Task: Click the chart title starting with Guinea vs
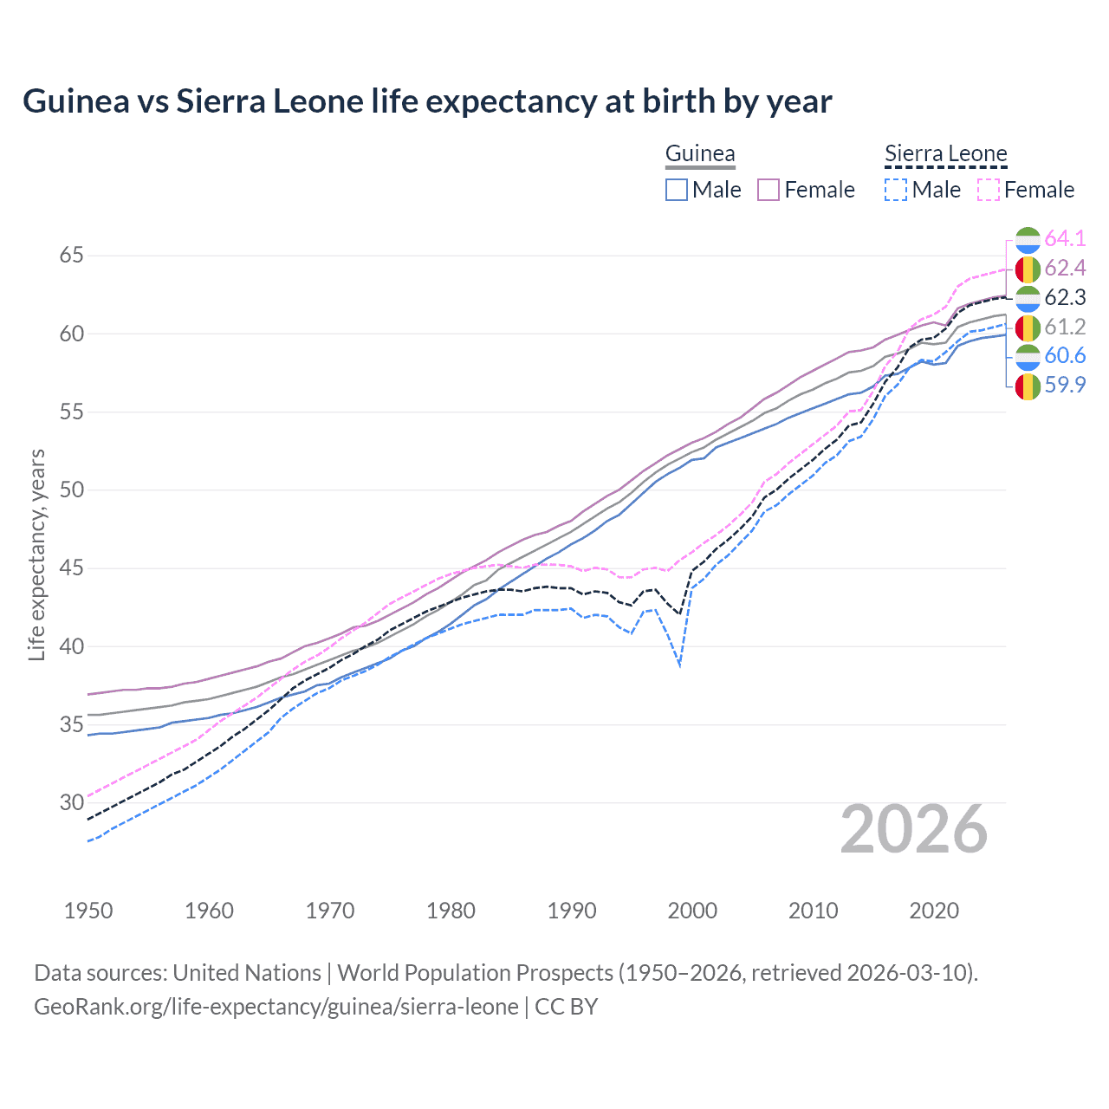[427, 101]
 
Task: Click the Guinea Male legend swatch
[677, 190]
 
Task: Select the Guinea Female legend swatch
[769, 190]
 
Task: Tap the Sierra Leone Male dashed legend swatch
[896, 190]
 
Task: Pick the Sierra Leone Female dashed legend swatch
[989, 190]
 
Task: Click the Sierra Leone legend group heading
[945, 154]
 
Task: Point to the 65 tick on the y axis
[71, 256]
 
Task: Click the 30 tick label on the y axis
[71, 802]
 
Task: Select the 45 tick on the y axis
[71, 568]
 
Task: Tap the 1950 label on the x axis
[88, 911]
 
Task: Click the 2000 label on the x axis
[692, 911]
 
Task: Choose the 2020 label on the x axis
[934, 911]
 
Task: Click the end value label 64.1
[1065, 238]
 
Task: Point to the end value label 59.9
[1065, 385]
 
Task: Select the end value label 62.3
[1065, 297]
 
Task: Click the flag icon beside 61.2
[1028, 328]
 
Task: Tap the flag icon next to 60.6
[1028, 356]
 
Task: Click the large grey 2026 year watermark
[914, 829]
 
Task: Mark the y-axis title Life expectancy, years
[36, 554]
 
